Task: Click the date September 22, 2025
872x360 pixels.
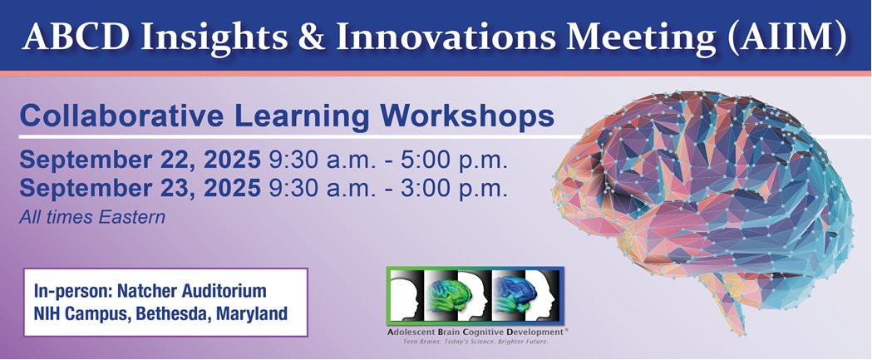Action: click(x=140, y=160)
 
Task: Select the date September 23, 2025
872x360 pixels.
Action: click(x=140, y=188)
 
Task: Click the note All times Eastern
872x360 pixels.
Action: click(x=93, y=218)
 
